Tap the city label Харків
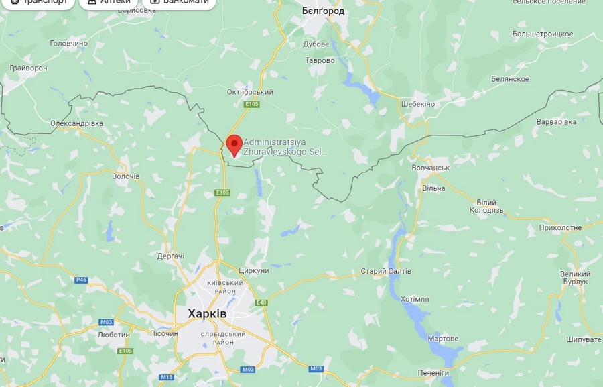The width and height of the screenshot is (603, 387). [202, 313]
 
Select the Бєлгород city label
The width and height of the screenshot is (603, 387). [323, 11]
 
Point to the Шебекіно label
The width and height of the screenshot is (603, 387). [417, 104]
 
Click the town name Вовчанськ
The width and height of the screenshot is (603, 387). [430, 167]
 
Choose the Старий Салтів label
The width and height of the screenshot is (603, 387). [386, 271]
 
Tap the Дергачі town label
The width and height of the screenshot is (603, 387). [170, 256]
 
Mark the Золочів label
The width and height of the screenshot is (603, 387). [126, 176]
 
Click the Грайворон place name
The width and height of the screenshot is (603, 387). [28, 68]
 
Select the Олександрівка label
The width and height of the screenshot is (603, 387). [77, 123]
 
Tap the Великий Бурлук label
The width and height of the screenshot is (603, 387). [575, 278]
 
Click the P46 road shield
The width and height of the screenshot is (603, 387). [82, 280]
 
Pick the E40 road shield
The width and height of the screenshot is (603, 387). [261, 302]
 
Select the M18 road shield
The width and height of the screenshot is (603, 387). [167, 377]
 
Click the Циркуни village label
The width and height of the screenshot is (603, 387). [254, 270]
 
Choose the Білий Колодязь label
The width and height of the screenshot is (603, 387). [486, 207]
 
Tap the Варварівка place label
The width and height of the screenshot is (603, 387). [556, 122]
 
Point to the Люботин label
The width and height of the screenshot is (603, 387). [113, 334]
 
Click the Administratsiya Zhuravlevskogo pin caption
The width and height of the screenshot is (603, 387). [285, 147]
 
